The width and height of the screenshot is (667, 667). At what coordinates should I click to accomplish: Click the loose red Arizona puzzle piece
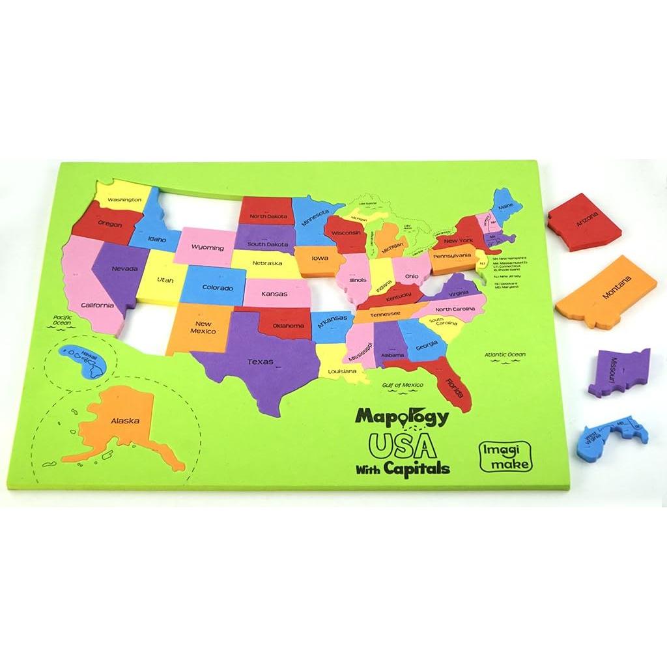[x=584, y=222]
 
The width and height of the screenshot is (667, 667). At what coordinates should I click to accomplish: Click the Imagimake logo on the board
[x=505, y=457]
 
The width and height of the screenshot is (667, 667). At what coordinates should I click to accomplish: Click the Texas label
[x=261, y=362]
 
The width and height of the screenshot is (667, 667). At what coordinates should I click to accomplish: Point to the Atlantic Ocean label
[x=504, y=354]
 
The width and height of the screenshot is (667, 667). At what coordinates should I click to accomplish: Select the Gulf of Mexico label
[x=403, y=385]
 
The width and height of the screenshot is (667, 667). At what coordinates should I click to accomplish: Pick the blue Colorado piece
[x=216, y=287]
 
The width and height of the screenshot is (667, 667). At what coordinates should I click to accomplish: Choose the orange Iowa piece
[x=319, y=259]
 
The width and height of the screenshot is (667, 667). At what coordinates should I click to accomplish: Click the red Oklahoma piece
[x=287, y=324]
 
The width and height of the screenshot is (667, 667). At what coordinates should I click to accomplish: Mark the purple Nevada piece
[x=120, y=270]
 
